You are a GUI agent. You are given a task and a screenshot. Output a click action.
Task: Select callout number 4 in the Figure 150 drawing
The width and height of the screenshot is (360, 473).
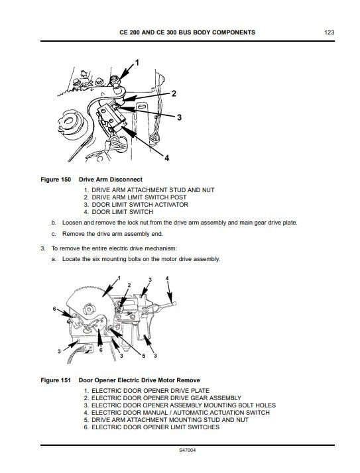coord(167,158)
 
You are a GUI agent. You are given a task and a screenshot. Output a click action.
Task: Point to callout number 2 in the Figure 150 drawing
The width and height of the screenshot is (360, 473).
coord(173,93)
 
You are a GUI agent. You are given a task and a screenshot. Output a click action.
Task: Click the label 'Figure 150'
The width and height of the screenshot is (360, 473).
coord(56,180)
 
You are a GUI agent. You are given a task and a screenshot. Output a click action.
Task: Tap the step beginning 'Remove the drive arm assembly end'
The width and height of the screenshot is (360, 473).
coord(106,234)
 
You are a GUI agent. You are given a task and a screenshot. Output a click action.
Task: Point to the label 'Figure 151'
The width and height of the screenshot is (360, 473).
coord(56,380)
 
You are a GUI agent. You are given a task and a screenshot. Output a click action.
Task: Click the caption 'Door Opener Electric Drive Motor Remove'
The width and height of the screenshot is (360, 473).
coord(139,380)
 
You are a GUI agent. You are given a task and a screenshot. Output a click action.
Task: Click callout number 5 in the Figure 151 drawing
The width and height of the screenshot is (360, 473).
coord(141,357)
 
